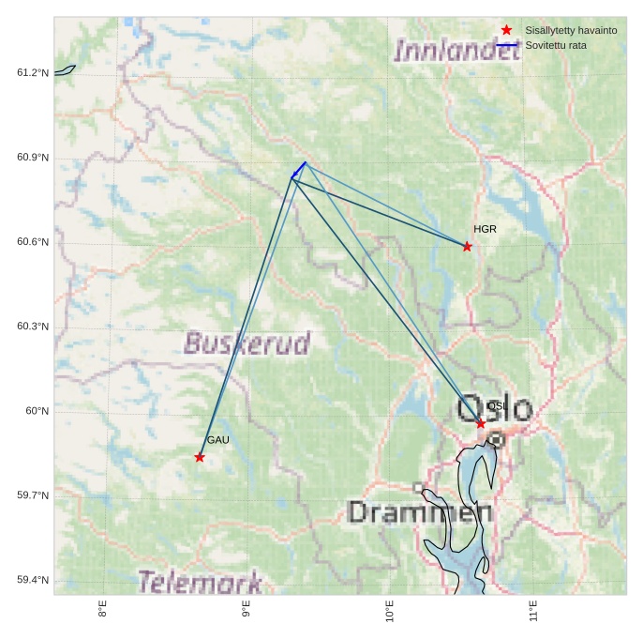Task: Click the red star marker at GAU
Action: click(200, 457)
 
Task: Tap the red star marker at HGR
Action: click(467, 246)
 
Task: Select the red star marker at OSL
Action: click(481, 424)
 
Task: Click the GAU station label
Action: click(217, 440)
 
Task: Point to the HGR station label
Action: click(485, 229)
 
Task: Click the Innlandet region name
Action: click(456, 50)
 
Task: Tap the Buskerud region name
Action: click(247, 343)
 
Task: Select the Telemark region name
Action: click(200, 583)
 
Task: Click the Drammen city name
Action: click(420, 512)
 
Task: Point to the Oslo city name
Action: click(495, 408)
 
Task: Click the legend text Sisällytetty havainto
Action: click(571, 31)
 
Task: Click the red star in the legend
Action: click(507, 31)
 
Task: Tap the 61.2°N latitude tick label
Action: click(32, 73)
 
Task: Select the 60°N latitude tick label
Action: click(36, 411)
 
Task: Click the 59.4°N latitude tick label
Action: click(32, 580)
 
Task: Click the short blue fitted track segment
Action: click(299, 170)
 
